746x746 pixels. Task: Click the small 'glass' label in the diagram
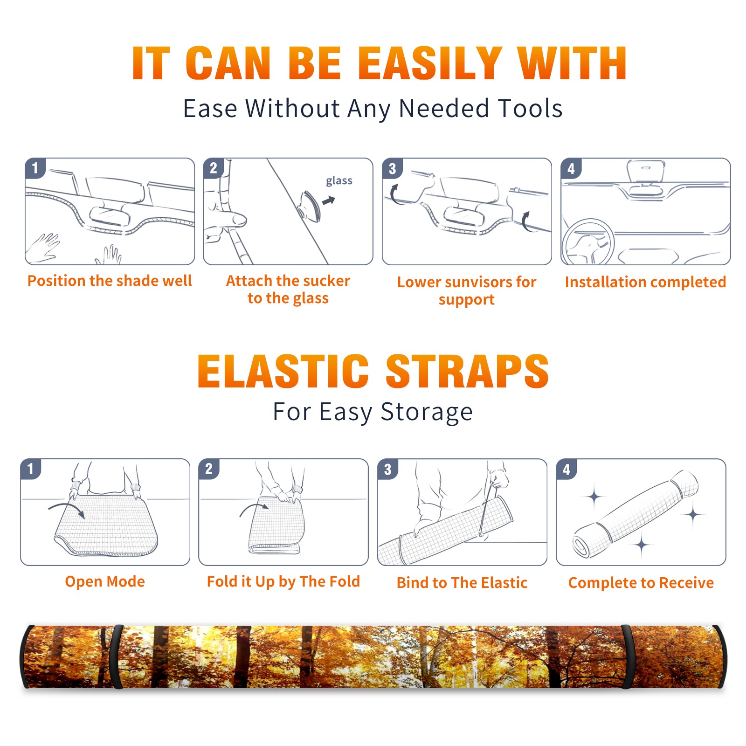pos(339,181)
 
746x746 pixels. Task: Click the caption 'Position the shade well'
pos(110,281)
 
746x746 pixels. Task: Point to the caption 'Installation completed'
pos(645,282)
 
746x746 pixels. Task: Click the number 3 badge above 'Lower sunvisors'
pos(392,169)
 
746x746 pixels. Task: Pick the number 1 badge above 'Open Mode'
pos(31,469)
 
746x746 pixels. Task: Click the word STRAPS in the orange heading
pos(467,371)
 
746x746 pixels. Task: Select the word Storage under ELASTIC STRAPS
pos(427,412)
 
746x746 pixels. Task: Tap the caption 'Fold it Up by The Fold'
pos(283,581)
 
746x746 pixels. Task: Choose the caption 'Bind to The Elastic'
pos(462,583)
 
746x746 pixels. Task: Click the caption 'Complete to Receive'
pos(641,583)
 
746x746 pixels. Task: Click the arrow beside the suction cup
pos(329,200)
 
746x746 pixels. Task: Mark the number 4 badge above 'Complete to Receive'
pos(566,469)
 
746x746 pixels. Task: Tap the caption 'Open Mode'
pos(105,581)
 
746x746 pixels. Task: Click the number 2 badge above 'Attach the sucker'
pos(213,168)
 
